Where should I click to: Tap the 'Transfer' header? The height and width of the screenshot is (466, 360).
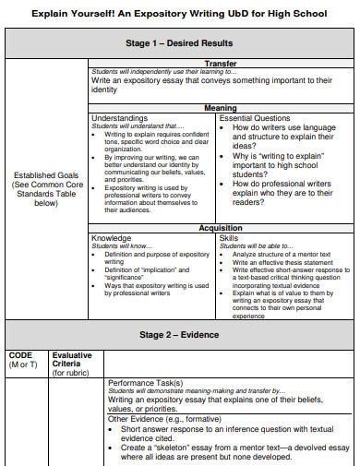point(220,64)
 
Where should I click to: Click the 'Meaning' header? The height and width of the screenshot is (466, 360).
point(220,108)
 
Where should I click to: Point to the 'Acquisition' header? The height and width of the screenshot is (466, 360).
point(220,228)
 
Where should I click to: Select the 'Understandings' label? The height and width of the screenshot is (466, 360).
point(119,118)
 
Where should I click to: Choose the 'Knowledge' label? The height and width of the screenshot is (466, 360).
point(111,238)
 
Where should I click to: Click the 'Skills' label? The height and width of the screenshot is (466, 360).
point(229,238)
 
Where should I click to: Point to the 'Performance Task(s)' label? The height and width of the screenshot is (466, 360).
point(145,382)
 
